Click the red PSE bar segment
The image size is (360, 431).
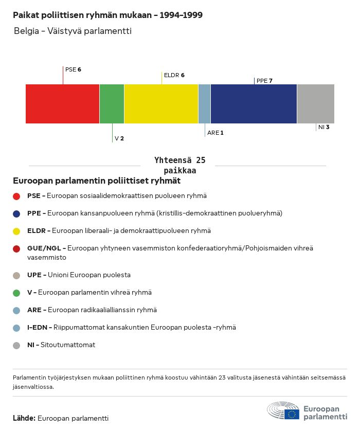tap(62, 104)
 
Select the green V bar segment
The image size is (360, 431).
tap(112, 104)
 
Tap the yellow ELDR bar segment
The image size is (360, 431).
tap(161, 104)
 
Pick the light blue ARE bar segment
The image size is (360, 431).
tap(205, 104)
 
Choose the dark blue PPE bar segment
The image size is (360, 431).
tap(254, 104)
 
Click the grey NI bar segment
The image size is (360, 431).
tap(316, 104)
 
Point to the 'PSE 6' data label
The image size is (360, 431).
tap(73, 69)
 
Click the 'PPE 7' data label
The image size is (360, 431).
tap(264, 81)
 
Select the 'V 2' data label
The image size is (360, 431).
tap(119, 138)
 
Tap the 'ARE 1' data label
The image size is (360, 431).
tap(215, 133)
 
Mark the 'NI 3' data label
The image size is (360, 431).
tap(323, 127)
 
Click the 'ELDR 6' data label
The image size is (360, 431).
tap(174, 75)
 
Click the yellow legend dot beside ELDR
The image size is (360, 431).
tap(16, 231)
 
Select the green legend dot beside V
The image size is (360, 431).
tap(16, 293)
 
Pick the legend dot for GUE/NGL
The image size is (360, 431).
tap(16, 249)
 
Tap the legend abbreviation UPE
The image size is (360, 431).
tap(34, 275)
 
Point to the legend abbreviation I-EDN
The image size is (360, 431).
tap(37, 328)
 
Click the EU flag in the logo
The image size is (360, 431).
tap(292, 414)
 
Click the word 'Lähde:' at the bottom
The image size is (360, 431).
tap(24, 418)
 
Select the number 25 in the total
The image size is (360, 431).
tap(201, 160)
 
